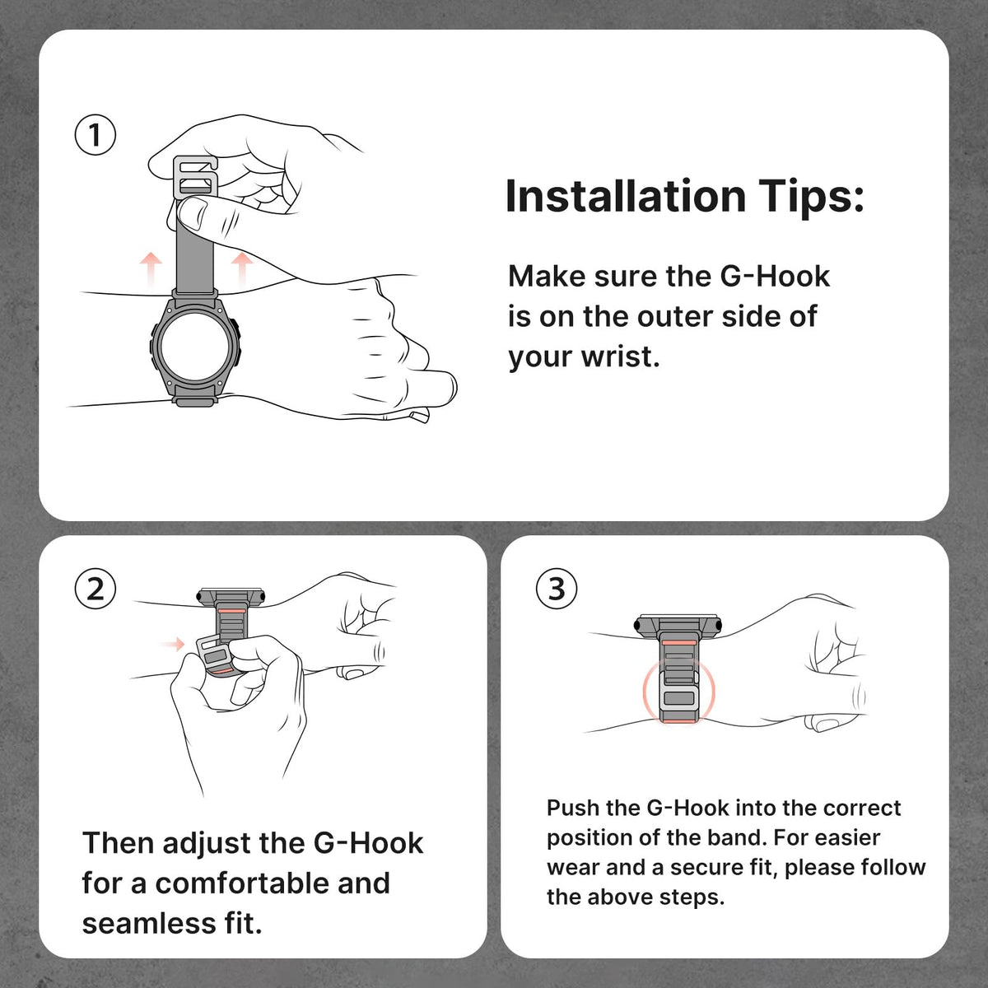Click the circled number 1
pyautogui.click(x=96, y=135)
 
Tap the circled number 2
pyautogui.click(x=96, y=589)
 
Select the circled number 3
pyautogui.click(x=557, y=589)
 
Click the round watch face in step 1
pyautogui.click(x=195, y=344)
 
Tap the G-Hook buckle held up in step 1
pyautogui.click(x=195, y=176)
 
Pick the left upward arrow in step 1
pyautogui.click(x=151, y=272)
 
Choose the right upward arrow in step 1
pyautogui.click(x=242, y=271)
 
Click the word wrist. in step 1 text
pyautogui.click(x=621, y=357)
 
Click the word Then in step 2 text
pyautogui.click(x=119, y=843)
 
